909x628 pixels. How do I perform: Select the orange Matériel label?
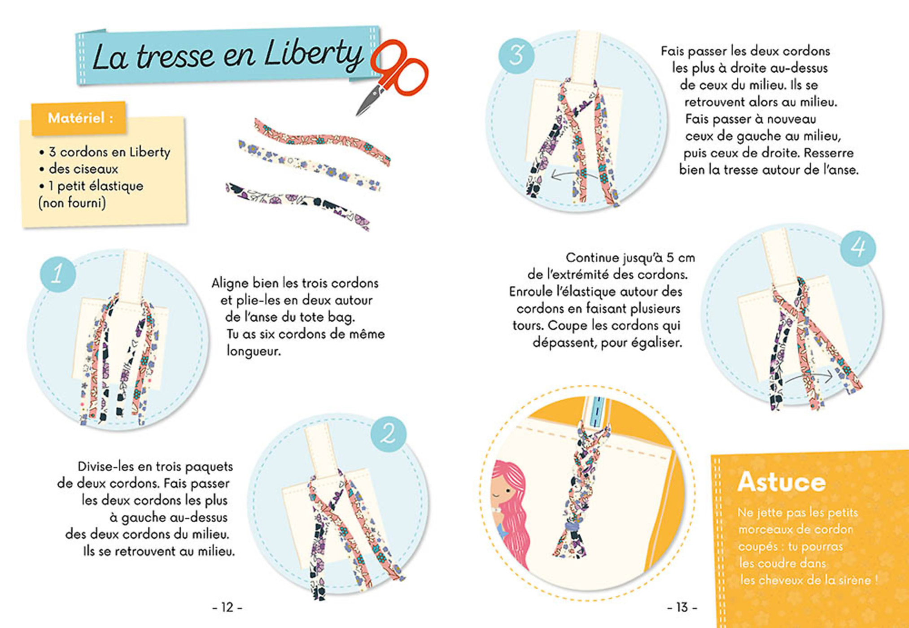[x=79, y=118]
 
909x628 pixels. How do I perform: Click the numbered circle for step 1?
[x=58, y=274]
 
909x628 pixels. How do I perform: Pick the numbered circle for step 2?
[x=389, y=434]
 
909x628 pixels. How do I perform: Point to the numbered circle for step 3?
[x=516, y=56]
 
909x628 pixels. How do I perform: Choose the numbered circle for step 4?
[x=858, y=248]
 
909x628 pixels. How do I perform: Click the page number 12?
[x=227, y=607]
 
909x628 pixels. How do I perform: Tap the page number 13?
[x=682, y=607]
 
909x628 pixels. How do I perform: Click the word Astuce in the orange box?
[x=781, y=482]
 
